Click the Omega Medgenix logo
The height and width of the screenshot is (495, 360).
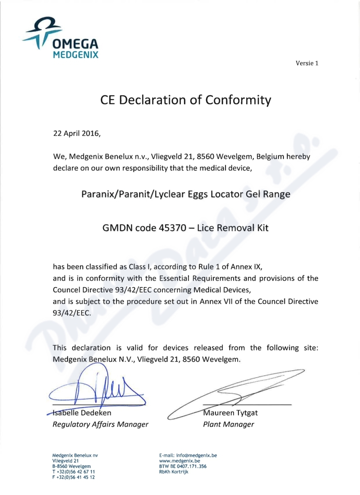click(61, 38)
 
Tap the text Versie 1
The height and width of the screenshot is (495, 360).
click(307, 63)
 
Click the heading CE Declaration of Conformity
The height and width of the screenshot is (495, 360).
click(186, 99)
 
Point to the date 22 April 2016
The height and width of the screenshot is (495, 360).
click(76, 133)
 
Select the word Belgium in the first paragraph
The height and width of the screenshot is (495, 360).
click(267, 157)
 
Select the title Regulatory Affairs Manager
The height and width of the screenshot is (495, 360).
click(100, 424)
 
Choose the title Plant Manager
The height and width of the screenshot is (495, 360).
click(229, 424)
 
